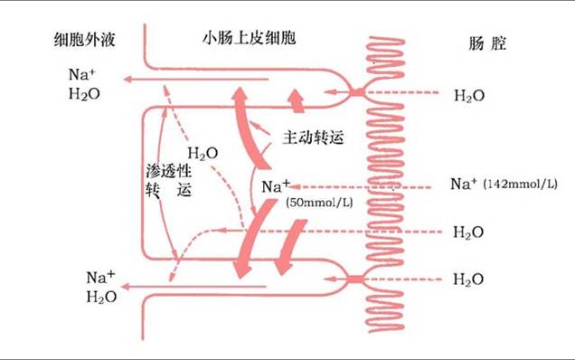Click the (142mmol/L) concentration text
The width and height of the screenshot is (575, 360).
(x=522, y=185)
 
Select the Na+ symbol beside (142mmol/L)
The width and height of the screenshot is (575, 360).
(x=464, y=184)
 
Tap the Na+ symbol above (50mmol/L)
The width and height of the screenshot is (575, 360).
(x=276, y=186)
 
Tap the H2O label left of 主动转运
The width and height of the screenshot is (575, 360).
(x=202, y=154)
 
